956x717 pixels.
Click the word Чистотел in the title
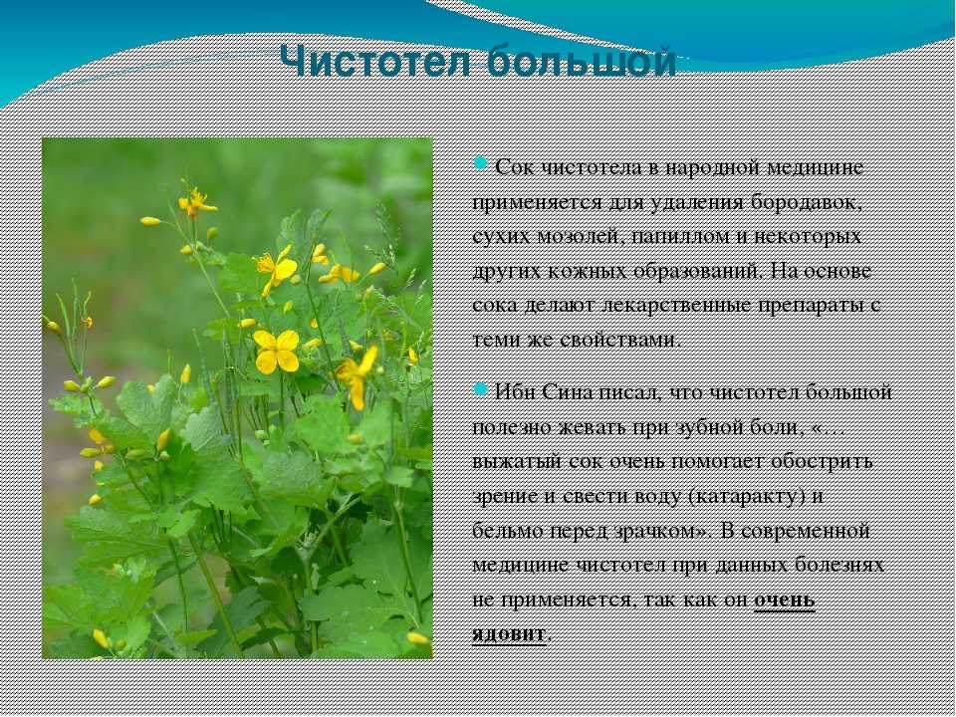pos(375,62)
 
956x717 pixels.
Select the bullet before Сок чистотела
pos(480,163)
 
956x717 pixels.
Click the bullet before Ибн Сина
pos(480,388)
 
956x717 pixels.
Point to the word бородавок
pos(806,202)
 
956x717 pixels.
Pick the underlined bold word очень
pos(785,600)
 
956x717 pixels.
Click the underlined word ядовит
pos(509,634)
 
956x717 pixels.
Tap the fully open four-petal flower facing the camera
pos(276,352)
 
